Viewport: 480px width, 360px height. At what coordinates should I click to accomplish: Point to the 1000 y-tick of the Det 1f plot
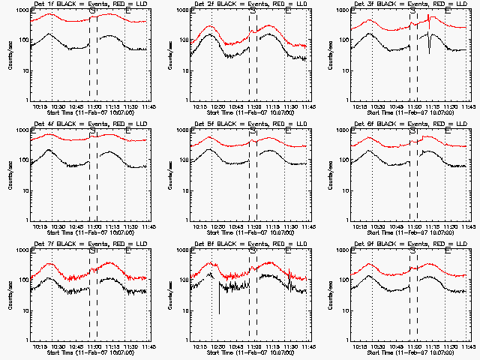coord(22,11)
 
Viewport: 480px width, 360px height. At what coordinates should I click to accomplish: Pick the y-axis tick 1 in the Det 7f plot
coord(27,340)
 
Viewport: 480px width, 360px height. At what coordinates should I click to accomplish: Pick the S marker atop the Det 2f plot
coord(253,12)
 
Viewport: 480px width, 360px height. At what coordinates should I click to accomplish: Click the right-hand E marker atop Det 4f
coord(128,131)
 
